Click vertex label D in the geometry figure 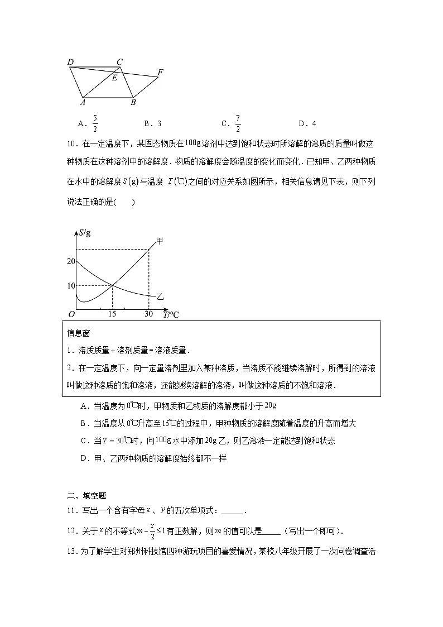(70, 62)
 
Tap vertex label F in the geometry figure (161, 72)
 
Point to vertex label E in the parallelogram (114, 78)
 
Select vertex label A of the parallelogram (82, 103)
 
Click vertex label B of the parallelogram (133, 103)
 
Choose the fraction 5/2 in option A (95, 123)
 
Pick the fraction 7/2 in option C (238, 123)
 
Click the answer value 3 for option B (160, 123)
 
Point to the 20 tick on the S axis (70, 261)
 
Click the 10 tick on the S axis (70, 285)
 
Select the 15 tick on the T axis (112, 314)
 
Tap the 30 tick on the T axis (148, 314)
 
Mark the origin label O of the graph (71, 314)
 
